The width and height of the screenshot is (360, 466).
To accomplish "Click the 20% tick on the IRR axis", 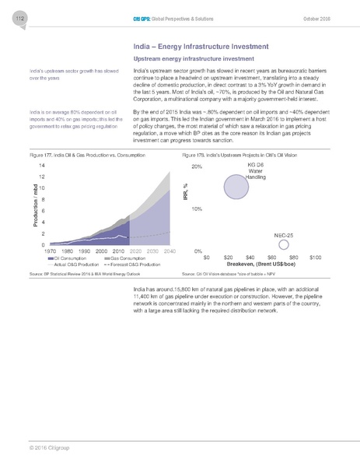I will click(197, 167).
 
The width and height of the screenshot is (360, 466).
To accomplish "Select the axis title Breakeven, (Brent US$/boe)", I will click(259, 264).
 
